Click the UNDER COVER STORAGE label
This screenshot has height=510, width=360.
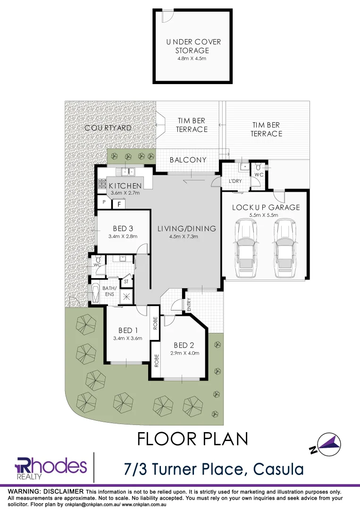(x=193, y=46)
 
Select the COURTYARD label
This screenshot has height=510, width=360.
(x=108, y=128)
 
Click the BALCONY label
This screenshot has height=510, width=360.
(x=188, y=160)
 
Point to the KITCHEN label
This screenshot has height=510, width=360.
(x=125, y=186)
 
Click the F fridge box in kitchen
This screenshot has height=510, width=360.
(x=119, y=204)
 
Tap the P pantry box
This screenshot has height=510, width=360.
(x=103, y=202)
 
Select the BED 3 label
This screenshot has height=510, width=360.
(x=123, y=229)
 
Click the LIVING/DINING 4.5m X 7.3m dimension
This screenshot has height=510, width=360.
(x=186, y=237)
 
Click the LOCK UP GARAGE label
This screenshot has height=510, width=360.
(x=266, y=207)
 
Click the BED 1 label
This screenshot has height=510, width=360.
(x=128, y=330)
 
